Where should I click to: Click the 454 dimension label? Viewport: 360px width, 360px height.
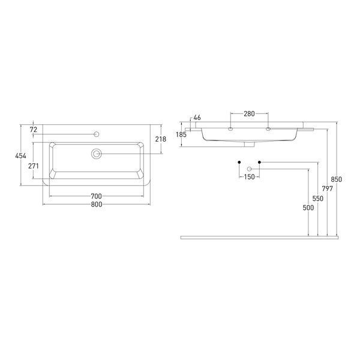(x=20, y=156)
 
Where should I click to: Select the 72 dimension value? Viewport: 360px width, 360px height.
(x=33, y=130)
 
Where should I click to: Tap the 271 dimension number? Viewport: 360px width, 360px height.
(x=34, y=166)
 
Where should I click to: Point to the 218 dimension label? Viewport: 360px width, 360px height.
(x=161, y=139)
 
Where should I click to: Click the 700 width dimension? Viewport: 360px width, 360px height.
(x=96, y=196)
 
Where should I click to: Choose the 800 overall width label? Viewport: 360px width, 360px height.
(x=97, y=205)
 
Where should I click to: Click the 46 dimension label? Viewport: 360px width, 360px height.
(x=197, y=118)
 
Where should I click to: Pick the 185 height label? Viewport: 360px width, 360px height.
(x=181, y=134)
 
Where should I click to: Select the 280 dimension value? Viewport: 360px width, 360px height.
(x=249, y=113)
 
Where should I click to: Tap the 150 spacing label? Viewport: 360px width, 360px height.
(x=250, y=177)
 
